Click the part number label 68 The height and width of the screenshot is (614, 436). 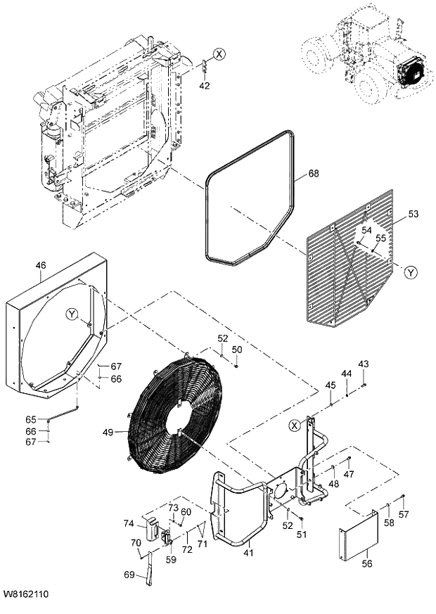pyautogui.click(x=314, y=174)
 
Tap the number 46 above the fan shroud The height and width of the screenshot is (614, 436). pyautogui.click(x=41, y=265)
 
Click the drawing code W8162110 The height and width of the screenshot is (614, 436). pyautogui.click(x=25, y=595)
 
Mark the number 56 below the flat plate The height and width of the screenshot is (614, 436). pyautogui.click(x=367, y=563)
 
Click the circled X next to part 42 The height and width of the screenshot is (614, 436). pyautogui.click(x=220, y=53)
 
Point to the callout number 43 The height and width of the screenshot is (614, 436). pyautogui.click(x=363, y=364)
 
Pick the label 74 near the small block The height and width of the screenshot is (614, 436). pyautogui.click(x=129, y=523)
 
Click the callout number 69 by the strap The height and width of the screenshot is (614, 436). pyautogui.click(x=129, y=575)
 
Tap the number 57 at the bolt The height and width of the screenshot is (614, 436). pyautogui.click(x=404, y=515)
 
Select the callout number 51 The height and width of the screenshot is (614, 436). pyautogui.click(x=302, y=535)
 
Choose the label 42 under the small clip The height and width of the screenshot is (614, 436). pyautogui.click(x=205, y=86)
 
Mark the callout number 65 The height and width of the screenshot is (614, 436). pyautogui.click(x=31, y=419)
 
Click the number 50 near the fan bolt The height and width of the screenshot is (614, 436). pyautogui.click(x=237, y=350)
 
